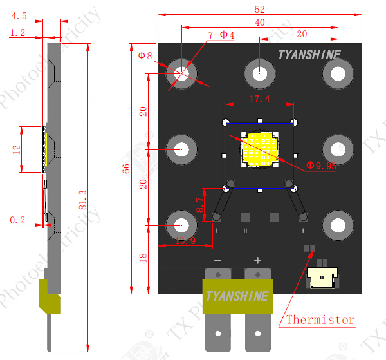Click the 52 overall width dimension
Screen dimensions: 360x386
point(259,9)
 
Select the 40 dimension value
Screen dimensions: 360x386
point(259,22)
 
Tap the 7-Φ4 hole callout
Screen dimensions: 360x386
point(221,35)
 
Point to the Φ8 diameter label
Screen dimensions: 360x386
point(145,56)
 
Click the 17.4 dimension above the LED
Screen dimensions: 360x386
point(259,99)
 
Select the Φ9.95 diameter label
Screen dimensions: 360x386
point(322,166)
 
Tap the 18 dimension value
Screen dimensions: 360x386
point(143,258)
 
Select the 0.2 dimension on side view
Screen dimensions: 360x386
point(17,220)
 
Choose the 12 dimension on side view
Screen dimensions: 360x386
point(17,149)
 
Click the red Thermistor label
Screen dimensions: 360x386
point(320,319)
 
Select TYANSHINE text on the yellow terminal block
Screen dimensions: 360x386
point(238,296)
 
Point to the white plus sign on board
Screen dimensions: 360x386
point(257,260)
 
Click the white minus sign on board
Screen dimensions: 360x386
point(217,260)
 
